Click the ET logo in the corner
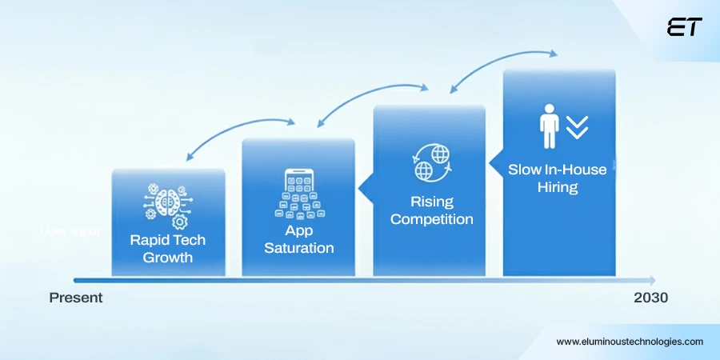(684, 27)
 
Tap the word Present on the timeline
(76, 298)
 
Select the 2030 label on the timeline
(650, 298)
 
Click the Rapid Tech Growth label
(168, 248)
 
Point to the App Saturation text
(298, 238)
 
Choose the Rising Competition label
(432, 210)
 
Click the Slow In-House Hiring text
(558, 178)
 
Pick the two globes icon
(430, 162)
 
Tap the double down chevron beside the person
(577, 127)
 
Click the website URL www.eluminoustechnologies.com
(630, 341)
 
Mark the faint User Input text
(70, 232)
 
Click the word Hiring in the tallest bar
(558, 188)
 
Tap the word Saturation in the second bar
(298, 248)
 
